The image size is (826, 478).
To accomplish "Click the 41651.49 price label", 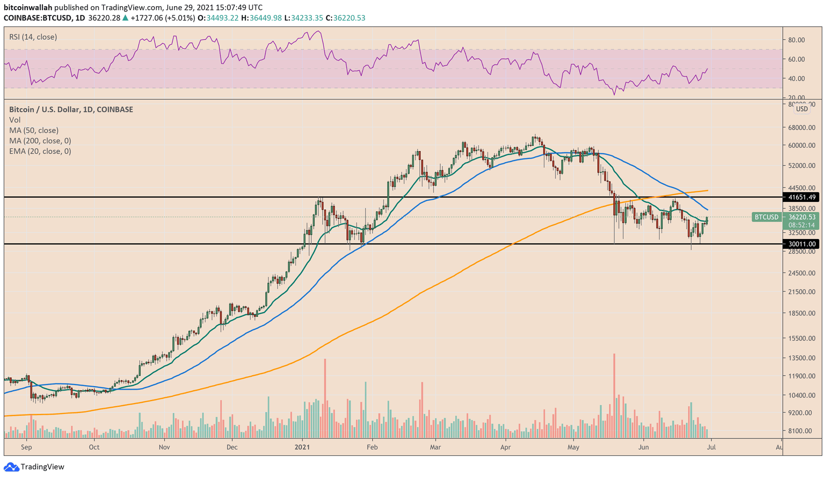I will tap(801, 197).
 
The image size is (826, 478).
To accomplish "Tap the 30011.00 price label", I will tap(801, 244).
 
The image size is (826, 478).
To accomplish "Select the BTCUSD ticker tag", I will tap(766, 217).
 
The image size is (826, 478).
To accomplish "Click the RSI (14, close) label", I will tap(33, 37).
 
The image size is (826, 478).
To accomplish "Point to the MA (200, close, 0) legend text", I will tap(40, 141).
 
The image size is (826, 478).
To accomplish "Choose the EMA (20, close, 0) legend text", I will tap(40, 151).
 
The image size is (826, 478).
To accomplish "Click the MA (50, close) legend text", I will tap(34, 131).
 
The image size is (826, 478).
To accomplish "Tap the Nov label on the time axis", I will tap(164, 447).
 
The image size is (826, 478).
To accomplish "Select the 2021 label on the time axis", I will tap(302, 447).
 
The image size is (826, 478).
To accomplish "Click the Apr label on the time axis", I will tap(505, 447).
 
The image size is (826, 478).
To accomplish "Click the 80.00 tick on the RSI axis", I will tap(797, 40).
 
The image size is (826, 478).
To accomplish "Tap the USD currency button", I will tap(802, 109).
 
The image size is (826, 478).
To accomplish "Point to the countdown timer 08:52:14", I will tap(801, 225).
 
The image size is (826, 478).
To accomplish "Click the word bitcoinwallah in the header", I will tap(28, 8).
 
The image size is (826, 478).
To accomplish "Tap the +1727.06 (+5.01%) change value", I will tap(162, 18).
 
